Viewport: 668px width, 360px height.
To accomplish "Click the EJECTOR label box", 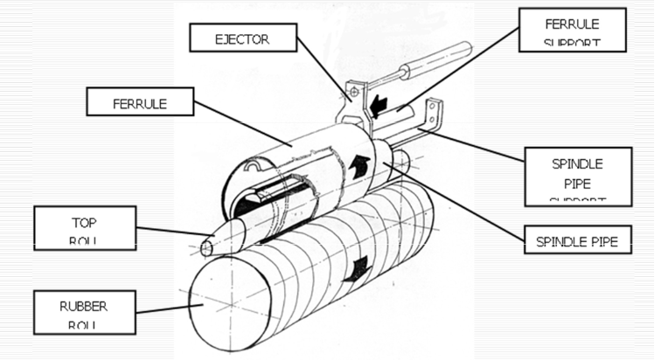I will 242,39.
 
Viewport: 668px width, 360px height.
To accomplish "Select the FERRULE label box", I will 140,102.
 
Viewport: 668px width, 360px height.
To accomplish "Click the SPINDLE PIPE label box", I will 577,241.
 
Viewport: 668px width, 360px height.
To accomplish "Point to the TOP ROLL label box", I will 84,228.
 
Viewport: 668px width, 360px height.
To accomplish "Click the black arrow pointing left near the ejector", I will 378,107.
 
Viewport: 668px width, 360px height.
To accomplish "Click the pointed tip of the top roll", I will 208,247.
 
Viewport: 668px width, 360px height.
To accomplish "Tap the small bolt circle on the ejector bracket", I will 352,90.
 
